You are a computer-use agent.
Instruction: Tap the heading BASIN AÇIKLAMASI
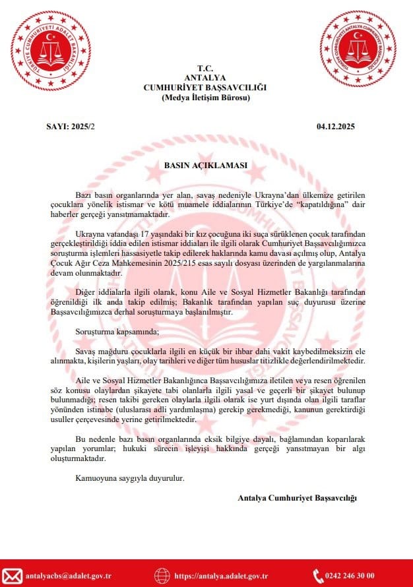(x=206, y=165)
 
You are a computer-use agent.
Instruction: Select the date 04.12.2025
(x=336, y=126)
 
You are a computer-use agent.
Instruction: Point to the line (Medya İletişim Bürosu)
(x=206, y=98)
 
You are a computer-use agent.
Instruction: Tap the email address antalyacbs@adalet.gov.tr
(x=69, y=576)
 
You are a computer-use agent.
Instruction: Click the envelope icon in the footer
(x=13, y=576)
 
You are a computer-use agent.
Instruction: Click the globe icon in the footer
(x=162, y=576)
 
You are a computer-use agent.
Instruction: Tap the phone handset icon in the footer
(x=317, y=576)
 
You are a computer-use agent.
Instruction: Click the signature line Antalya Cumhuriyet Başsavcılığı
(x=297, y=498)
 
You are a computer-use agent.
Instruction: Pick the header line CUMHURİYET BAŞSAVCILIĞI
(x=206, y=88)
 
